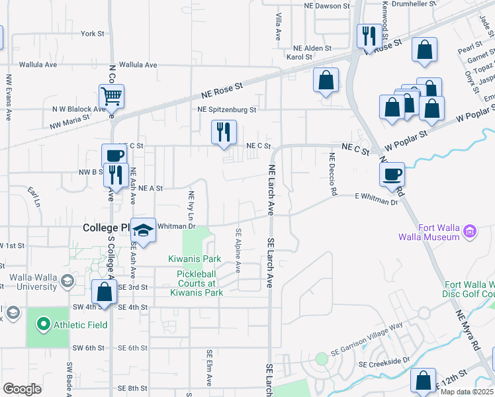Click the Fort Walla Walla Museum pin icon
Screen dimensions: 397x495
[470, 232]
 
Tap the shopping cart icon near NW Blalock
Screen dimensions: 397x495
[112, 97]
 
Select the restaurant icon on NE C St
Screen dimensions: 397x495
[224, 132]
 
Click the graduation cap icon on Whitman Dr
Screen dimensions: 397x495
[142, 230]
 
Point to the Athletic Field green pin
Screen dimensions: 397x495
[44, 324]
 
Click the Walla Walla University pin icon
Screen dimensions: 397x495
[66, 281]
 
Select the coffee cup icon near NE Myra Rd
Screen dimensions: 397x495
[392, 174]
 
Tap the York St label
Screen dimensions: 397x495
[92, 33]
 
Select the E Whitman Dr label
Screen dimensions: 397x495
[376, 195]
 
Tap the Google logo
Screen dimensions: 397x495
[22, 389]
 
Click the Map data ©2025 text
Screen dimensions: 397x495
[467, 392]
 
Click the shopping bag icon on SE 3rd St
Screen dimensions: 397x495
[105, 291]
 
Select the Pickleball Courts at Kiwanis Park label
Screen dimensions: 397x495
[197, 283]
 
